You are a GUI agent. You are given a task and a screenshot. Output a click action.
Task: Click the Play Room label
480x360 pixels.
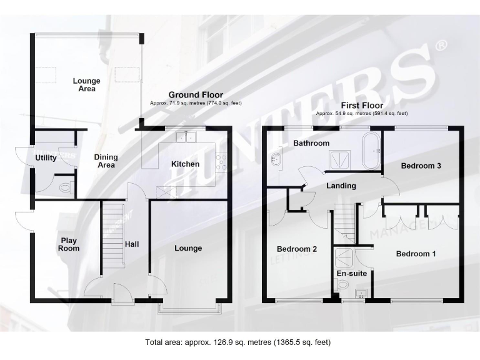[69, 244]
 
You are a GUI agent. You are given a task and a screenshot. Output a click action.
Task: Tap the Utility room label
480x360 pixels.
[46, 158]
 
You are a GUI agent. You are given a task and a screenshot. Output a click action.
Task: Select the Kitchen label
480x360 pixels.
[186, 164]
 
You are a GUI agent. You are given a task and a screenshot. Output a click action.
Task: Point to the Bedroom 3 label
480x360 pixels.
[421, 166]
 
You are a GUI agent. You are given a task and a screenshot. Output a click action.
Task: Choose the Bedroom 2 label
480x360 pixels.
[297, 249]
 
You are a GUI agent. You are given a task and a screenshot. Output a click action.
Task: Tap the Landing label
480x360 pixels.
[341, 186]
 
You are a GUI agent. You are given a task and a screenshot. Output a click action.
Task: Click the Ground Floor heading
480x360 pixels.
[196, 95]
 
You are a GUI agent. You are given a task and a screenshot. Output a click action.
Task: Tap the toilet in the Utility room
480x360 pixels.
[64, 187]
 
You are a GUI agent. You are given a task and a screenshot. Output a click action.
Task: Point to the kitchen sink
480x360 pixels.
[186, 137]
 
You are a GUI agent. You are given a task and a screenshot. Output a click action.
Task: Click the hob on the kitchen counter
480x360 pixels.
[221, 161]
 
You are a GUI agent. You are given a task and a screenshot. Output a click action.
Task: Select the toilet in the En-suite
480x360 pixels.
[342, 285]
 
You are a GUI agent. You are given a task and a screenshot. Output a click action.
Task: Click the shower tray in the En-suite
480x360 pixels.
[344, 256]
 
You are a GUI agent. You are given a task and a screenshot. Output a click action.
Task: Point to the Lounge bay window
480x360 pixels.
[189, 306]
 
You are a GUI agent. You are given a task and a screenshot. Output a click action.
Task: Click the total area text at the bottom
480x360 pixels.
[237, 342]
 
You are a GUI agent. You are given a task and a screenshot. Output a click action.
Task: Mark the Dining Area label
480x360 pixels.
[106, 161]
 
